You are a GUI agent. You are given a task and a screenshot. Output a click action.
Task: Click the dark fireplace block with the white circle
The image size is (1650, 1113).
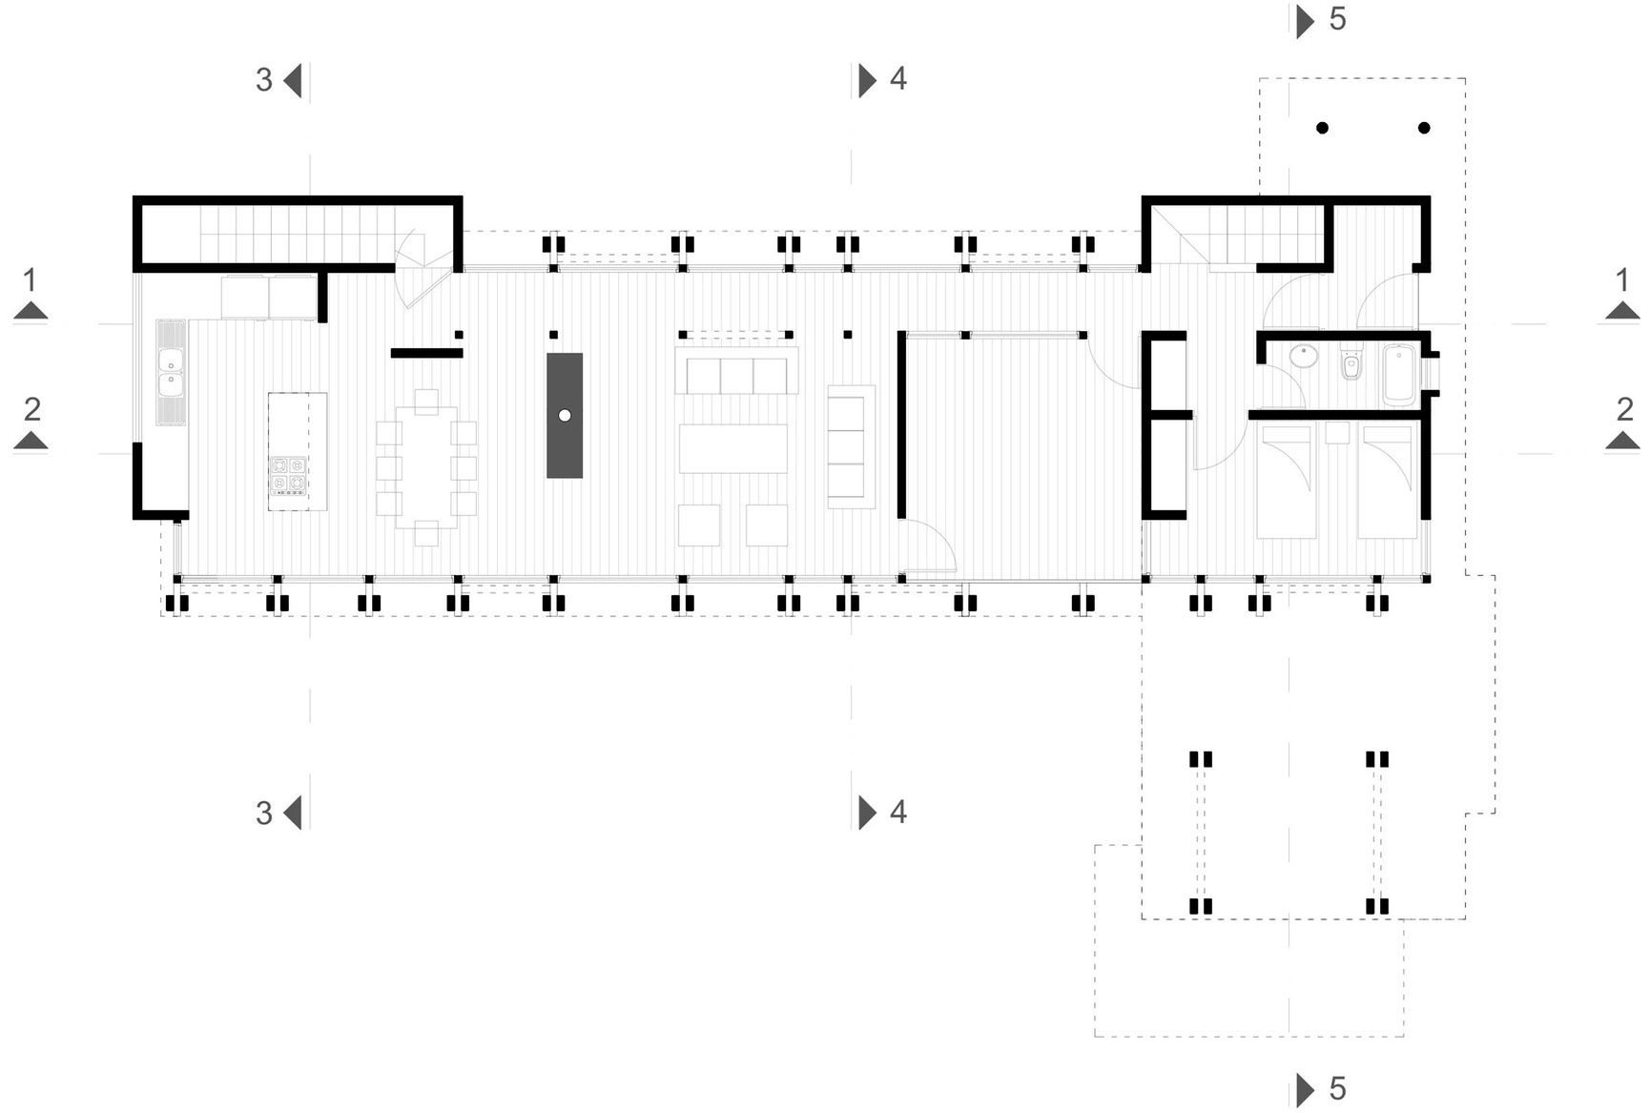[564, 415]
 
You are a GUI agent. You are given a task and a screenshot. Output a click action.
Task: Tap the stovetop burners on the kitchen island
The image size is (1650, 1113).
[288, 476]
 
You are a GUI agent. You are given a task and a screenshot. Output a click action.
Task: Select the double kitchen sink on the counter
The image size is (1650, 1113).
[171, 372]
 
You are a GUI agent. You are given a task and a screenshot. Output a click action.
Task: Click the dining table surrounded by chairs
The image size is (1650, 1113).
[426, 467]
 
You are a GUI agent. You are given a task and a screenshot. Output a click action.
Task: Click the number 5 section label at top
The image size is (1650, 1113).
[1337, 19]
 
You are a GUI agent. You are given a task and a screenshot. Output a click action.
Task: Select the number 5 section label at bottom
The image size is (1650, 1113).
[1337, 1088]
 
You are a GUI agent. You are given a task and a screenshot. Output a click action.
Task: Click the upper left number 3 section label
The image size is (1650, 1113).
[264, 80]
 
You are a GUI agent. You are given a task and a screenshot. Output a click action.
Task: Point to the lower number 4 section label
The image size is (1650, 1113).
[897, 812]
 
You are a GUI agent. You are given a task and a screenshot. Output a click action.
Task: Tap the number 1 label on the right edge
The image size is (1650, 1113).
[1623, 280]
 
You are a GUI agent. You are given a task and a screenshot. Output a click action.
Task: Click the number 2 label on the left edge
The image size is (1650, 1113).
[32, 409]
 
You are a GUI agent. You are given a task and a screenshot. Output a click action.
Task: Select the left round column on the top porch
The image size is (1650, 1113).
[1322, 128]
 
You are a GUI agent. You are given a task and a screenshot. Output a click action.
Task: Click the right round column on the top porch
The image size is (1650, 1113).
[1424, 128]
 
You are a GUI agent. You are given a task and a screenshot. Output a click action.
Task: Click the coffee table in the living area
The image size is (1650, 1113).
[732, 448]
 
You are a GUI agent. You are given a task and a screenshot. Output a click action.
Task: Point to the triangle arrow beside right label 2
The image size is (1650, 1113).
[1623, 441]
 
